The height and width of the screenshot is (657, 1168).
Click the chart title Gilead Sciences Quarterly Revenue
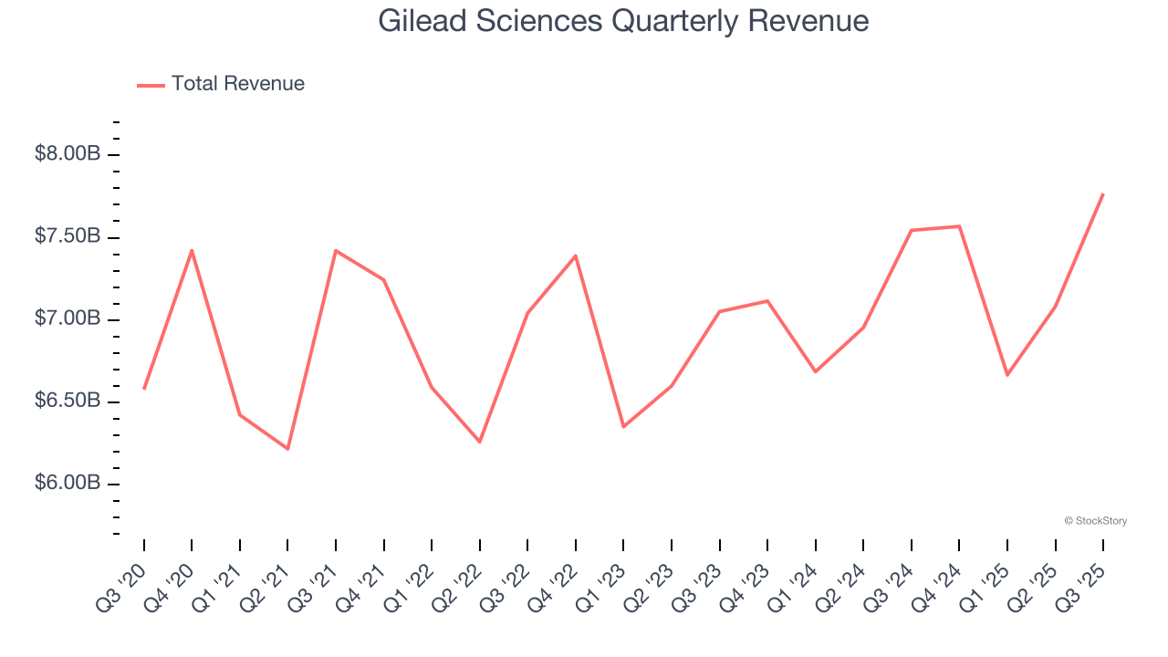click(623, 21)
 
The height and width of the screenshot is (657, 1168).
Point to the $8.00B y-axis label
click(68, 154)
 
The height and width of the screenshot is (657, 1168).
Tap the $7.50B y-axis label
click(68, 237)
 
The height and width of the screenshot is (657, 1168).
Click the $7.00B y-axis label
click(68, 319)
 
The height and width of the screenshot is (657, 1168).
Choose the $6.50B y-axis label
click(68, 401)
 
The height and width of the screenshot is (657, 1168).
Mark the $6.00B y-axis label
click(68, 484)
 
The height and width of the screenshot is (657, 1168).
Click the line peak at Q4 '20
click(192, 249)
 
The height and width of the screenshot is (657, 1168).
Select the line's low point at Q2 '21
click(287, 449)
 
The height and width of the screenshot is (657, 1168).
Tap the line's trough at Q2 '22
click(480, 442)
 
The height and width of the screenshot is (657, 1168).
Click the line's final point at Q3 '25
click(1103, 193)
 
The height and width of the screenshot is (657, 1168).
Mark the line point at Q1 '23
click(623, 427)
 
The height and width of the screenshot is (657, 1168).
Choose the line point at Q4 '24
click(959, 226)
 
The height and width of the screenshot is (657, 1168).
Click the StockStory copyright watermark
click(1095, 521)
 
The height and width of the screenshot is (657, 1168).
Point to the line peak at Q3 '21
click(336, 250)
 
